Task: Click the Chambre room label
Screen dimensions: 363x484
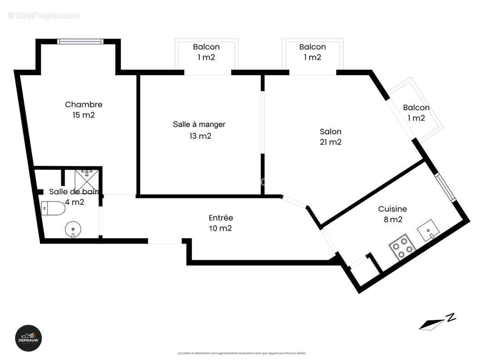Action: (84, 105)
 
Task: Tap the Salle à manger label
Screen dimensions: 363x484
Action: (199, 124)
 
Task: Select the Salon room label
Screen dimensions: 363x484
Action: (330, 132)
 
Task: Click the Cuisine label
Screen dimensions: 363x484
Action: (392, 209)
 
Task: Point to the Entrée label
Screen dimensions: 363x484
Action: (221, 218)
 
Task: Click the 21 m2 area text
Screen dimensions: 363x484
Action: (330, 142)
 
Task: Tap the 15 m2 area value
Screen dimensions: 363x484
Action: (84, 115)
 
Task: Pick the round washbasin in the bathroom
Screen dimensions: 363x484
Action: (72, 230)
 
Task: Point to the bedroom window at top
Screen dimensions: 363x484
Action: (80, 41)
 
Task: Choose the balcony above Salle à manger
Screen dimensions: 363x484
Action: (207, 57)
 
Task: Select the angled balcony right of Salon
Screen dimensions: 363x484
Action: (417, 111)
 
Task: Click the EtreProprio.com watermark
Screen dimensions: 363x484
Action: (44, 16)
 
